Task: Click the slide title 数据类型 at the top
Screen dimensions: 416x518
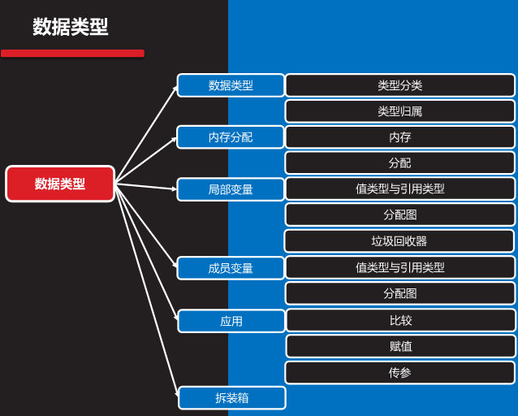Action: [71, 27]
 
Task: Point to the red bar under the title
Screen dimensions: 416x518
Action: [72, 54]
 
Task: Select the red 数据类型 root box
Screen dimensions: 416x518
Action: [60, 184]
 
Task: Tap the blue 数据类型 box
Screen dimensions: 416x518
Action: [231, 85]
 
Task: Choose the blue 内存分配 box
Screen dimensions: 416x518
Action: [231, 137]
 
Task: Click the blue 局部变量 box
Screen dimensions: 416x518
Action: [231, 189]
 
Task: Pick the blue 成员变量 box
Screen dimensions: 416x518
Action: [231, 268]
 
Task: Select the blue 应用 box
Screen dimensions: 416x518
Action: [231, 321]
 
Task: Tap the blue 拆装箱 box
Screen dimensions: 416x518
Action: [232, 398]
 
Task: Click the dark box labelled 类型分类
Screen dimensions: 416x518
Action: [399, 85]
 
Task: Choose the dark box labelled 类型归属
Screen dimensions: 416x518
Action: [399, 111]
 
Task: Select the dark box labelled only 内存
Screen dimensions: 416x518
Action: [399, 137]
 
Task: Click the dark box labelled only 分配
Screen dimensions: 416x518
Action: [399, 162]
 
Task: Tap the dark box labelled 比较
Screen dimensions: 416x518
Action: [400, 320]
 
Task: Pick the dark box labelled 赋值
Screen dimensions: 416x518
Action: [400, 346]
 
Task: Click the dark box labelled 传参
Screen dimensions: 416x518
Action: [399, 373]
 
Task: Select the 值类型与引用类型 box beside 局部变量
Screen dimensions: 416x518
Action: [399, 188]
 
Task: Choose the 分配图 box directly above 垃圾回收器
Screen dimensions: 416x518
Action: [399, 214]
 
